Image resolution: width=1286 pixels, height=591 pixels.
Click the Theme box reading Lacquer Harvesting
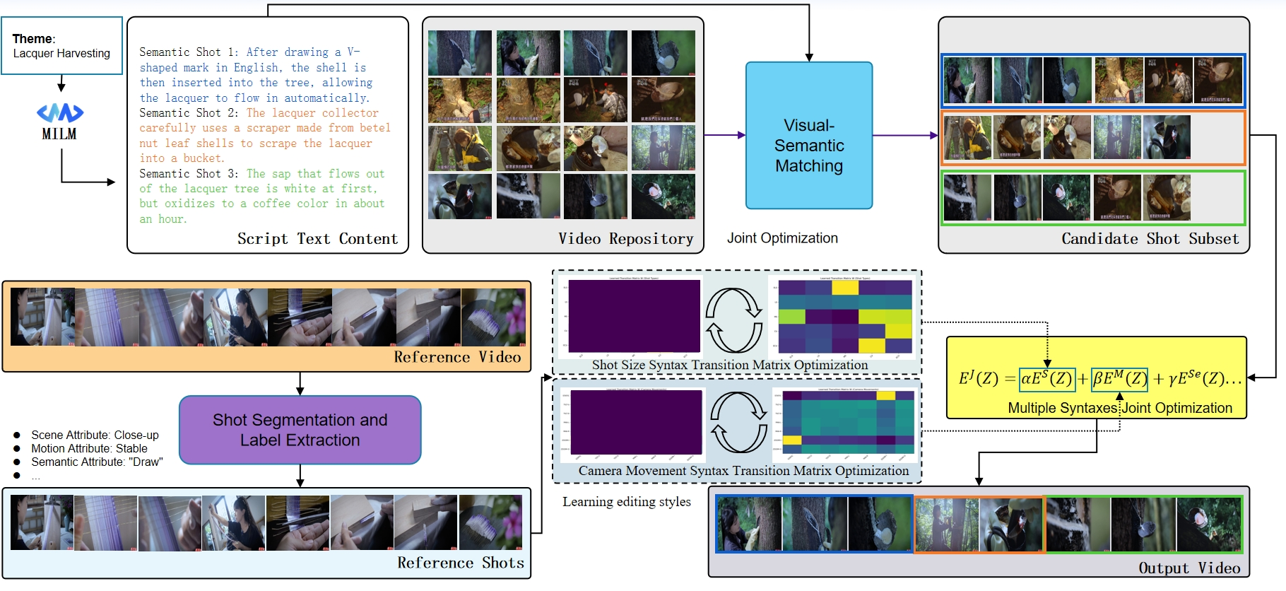(x=61, y=46)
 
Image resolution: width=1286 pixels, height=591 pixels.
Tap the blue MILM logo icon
(x=60, y=112)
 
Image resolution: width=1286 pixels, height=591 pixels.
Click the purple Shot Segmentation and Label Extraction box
(x=300, y=430)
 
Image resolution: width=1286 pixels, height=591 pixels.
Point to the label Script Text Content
(x=317, y=239)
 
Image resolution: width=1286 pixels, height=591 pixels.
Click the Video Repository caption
(x=625, y=239)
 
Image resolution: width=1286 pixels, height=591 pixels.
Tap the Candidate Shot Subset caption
(x=1150, y=239)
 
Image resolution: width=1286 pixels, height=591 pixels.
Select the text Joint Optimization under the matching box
(x=782, y=238)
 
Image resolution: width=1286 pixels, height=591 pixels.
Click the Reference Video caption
(x=457, y=357)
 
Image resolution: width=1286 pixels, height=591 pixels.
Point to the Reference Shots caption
(x=460, y=563)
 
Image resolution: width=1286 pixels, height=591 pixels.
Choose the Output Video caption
(x=1188, y=568)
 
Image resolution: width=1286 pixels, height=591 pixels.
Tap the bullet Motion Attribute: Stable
(x=89, y=448)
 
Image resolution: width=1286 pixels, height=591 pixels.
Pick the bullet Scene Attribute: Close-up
(x=95, y=435)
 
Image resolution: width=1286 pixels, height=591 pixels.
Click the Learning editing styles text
(x=626, y=502)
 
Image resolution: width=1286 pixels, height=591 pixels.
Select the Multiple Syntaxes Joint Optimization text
(x=1119, y=408)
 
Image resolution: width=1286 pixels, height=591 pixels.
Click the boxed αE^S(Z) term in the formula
(x=1046, y=379)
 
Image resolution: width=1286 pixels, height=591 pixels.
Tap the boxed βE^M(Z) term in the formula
(x=1119, y=379)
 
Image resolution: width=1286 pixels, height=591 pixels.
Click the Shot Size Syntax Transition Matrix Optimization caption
(x=729, y=365)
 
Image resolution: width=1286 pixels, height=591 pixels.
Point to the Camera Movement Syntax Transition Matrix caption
(x=743, y=471)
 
